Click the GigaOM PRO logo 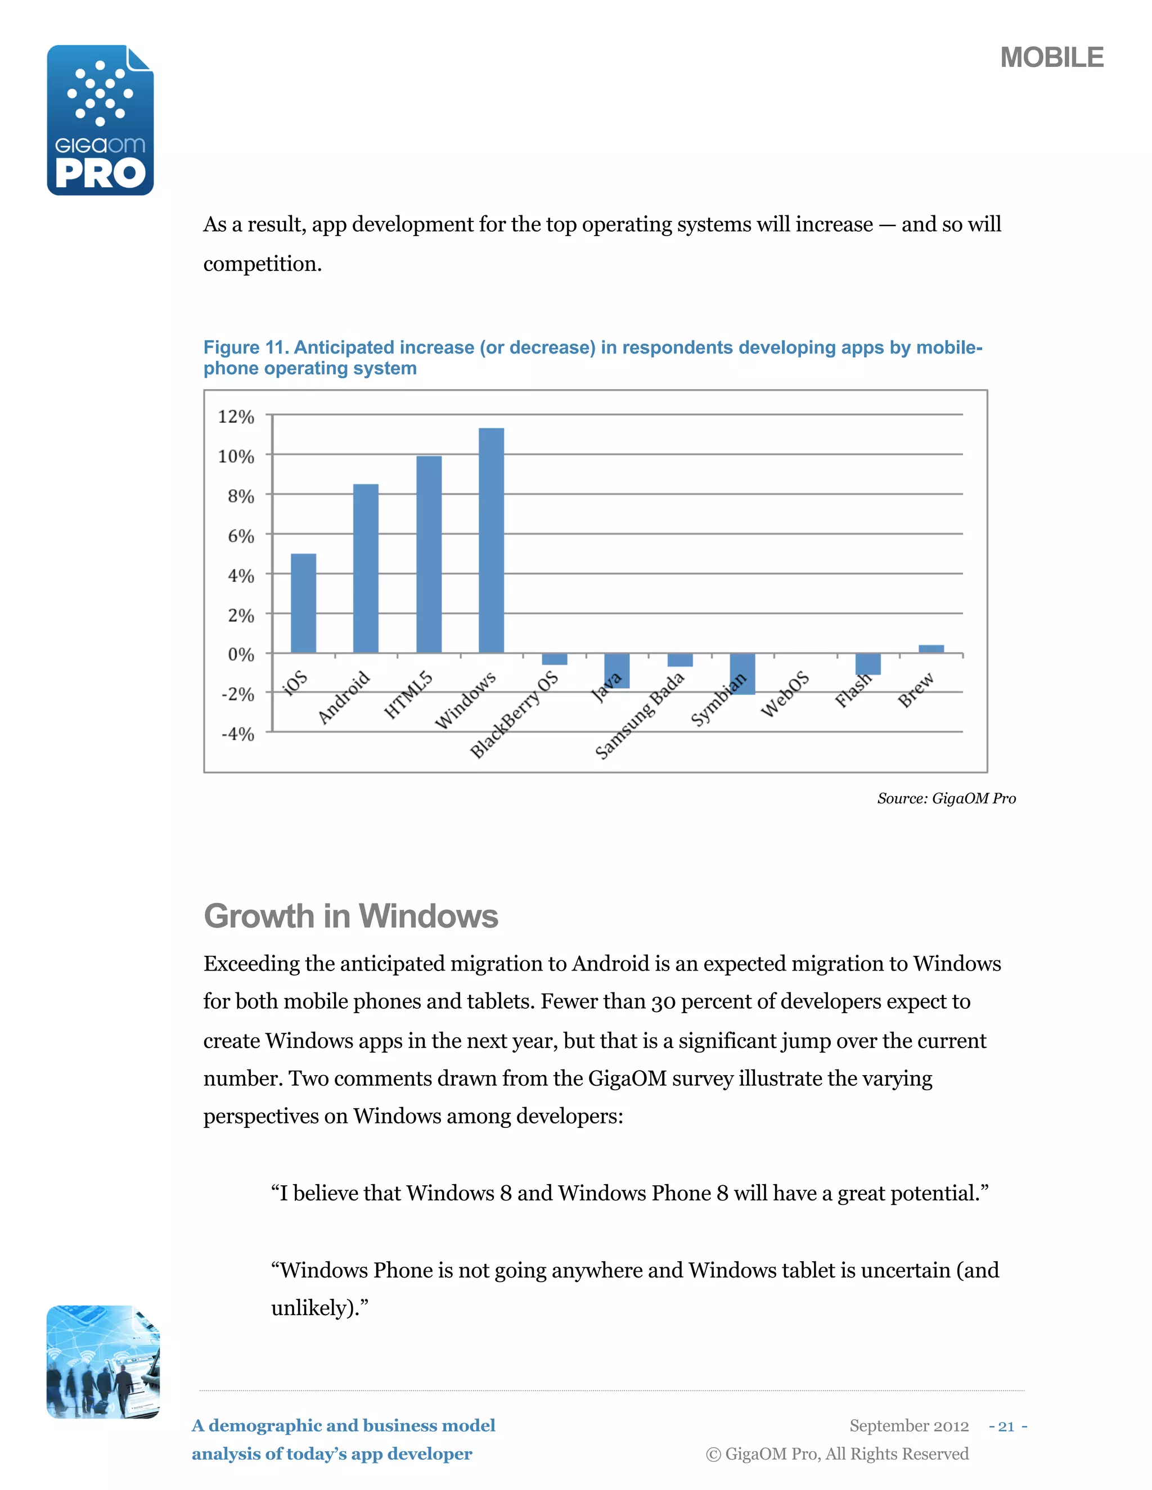pos(100,121)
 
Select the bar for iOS pos(303,603)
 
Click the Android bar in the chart pos(365,568)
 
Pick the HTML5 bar pos(429,554)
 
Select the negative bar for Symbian pos(742,674)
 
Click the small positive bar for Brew pos(931,649)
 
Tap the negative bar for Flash pos(867,664)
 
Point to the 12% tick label pos(236,416)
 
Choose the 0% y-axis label pos(240,654)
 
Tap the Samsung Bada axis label pos(640,715)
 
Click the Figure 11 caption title pos(592,358)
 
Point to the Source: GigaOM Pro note pos(946,798)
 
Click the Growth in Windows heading pos(351,915)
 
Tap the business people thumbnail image pos(103,1362)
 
